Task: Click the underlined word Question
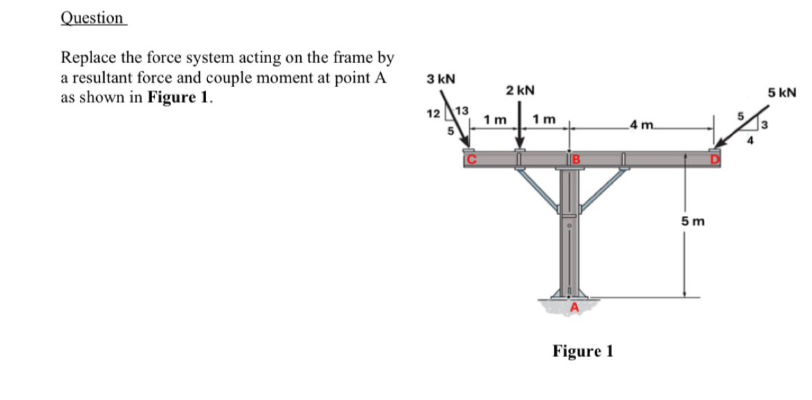pyautogui.click(x=92, y=18)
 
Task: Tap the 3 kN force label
pyautogui.click(x=441, y=78)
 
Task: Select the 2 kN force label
pyautogui.click(x=519, y=91)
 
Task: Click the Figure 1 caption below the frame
pyautogui.click(x=583, y=351)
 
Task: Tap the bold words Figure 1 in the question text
pyautogui.click(x=177, y=98)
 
